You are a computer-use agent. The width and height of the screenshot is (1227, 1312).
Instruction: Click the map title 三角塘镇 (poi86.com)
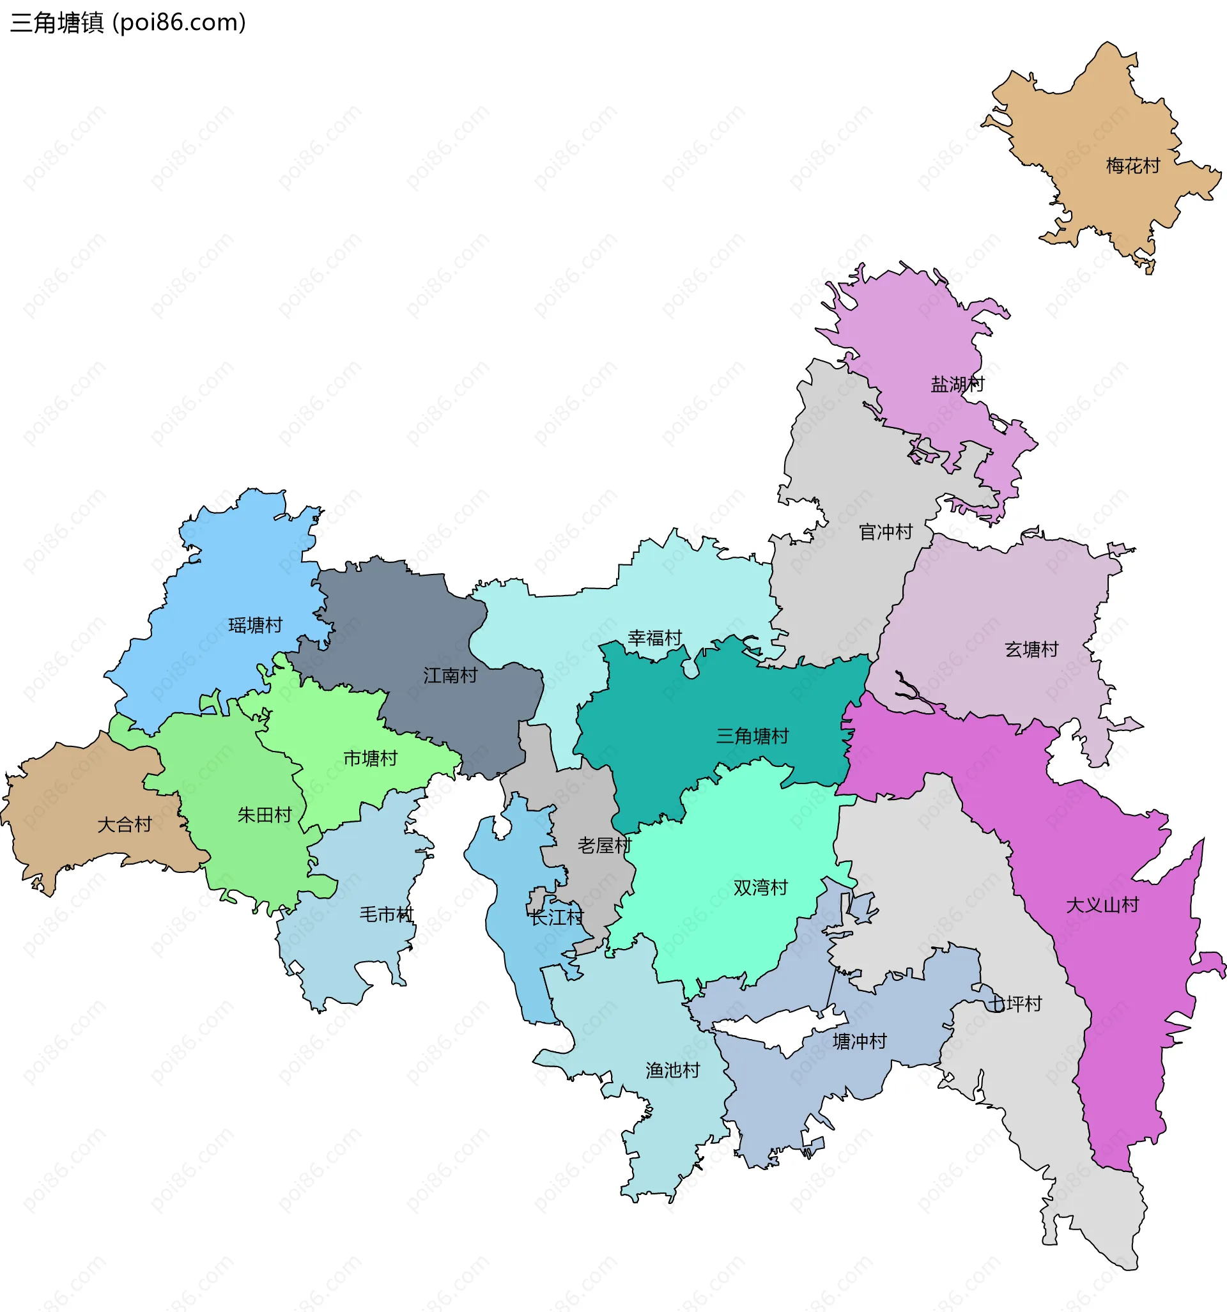click(x=128, y=22)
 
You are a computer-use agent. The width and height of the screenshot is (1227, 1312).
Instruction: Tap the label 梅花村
click(x=1132, y=166)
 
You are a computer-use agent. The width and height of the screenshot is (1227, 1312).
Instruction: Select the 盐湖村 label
click(x=957, y=384)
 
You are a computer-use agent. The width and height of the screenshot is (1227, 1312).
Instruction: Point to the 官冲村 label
click(x=886, y=532)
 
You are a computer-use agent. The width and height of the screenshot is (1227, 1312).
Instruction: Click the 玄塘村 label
click(x=1031, y=649)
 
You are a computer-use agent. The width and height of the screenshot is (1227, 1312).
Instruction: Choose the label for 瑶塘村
click(x=256, y=625)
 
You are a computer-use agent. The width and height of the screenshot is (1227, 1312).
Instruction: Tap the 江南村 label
click(x=450, y=675)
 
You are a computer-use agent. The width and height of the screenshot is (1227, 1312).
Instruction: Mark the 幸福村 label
click(x=655, y=638)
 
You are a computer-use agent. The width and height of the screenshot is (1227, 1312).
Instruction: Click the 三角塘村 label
click(x=752, y=736)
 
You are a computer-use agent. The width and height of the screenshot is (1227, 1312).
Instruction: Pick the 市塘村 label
click(x=370, y=759)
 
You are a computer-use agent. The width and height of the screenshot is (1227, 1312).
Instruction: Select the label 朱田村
click(x=265, y=815)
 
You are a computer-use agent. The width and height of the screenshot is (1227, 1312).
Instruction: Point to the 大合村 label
click(x=125, y=824)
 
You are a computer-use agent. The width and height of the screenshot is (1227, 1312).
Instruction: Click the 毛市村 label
click(x=386, y=914)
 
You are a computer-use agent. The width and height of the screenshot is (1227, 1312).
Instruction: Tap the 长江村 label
click(x=557, y=916)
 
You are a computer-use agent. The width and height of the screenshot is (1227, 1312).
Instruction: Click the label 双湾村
click(x=760, y=888)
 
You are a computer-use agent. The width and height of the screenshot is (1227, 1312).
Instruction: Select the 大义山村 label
click(x=1102, y=905)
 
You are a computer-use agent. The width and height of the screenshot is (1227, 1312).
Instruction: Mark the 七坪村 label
click(x=1014, y=1004)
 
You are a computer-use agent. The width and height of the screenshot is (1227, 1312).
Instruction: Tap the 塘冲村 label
click(x=860, y=1042)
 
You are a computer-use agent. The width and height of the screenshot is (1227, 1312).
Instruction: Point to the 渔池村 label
click(x=672, y=1070)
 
